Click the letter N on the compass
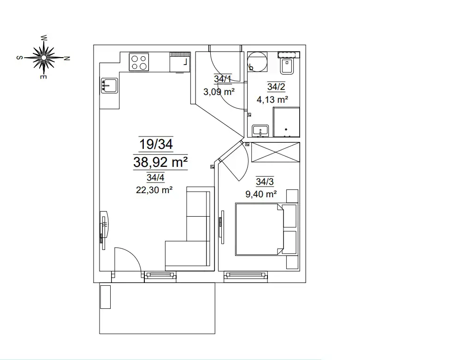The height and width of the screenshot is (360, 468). (67, 59)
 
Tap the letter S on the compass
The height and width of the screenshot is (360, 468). (19, 58)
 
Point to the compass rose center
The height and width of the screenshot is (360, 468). (44, 57)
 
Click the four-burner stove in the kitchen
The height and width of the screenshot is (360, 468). (139, 62)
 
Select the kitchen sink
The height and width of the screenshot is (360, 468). (109, 86)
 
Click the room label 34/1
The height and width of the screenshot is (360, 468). (223, 79)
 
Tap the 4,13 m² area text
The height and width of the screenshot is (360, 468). (272, 99)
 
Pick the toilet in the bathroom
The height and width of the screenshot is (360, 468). (287, 63)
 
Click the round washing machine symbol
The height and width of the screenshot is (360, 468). (257, 61)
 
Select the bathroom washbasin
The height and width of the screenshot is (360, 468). (261, 130)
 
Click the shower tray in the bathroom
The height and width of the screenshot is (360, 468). (286, 122)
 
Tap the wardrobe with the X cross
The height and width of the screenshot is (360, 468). (275, 152)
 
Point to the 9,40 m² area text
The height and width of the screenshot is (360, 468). (261, 194)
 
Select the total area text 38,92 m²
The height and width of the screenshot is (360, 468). (160, 162)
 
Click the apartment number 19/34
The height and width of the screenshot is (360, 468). (156, 144)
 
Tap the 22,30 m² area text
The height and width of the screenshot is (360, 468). (154, 190)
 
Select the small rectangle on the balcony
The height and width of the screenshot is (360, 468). (105, 297)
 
